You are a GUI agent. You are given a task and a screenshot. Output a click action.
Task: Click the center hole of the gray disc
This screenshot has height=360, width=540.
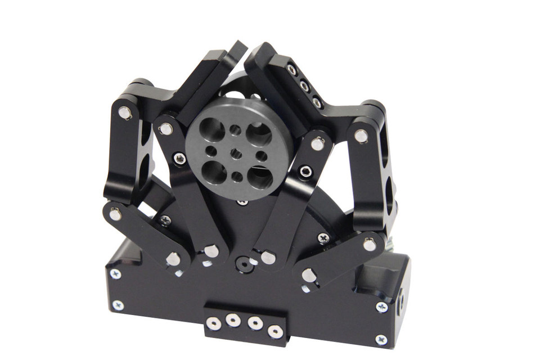click(237, 154)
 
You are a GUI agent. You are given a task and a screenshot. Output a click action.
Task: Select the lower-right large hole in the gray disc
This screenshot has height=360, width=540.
click(260, 177)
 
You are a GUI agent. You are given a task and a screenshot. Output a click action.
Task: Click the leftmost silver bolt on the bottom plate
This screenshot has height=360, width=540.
click(213, 323)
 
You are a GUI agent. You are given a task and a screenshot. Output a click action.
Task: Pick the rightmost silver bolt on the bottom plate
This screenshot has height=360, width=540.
click(275, 331)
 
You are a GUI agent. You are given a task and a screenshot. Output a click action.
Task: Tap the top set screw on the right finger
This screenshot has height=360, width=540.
click(292, 70)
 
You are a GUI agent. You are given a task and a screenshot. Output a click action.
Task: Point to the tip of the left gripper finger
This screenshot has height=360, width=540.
click(239, 48)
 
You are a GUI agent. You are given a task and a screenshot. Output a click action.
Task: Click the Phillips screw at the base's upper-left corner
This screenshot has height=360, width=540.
click(115, 274)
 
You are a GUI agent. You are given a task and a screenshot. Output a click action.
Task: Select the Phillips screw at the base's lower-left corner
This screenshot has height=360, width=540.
click(118, 305)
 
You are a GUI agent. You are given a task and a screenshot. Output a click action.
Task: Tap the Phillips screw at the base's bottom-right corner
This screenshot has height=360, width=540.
click(381, 340)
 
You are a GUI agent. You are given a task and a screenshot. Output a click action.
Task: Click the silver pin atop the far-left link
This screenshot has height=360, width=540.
click(125, 113)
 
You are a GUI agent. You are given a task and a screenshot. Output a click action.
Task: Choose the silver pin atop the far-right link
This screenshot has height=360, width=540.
click(361, 136)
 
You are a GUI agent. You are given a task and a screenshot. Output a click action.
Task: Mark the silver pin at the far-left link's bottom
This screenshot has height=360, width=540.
click(115, 214)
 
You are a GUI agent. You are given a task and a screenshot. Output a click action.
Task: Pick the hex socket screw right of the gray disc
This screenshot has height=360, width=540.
click(305, 171)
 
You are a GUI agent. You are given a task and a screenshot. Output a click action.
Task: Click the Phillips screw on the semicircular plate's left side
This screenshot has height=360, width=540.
click(165, 220)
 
